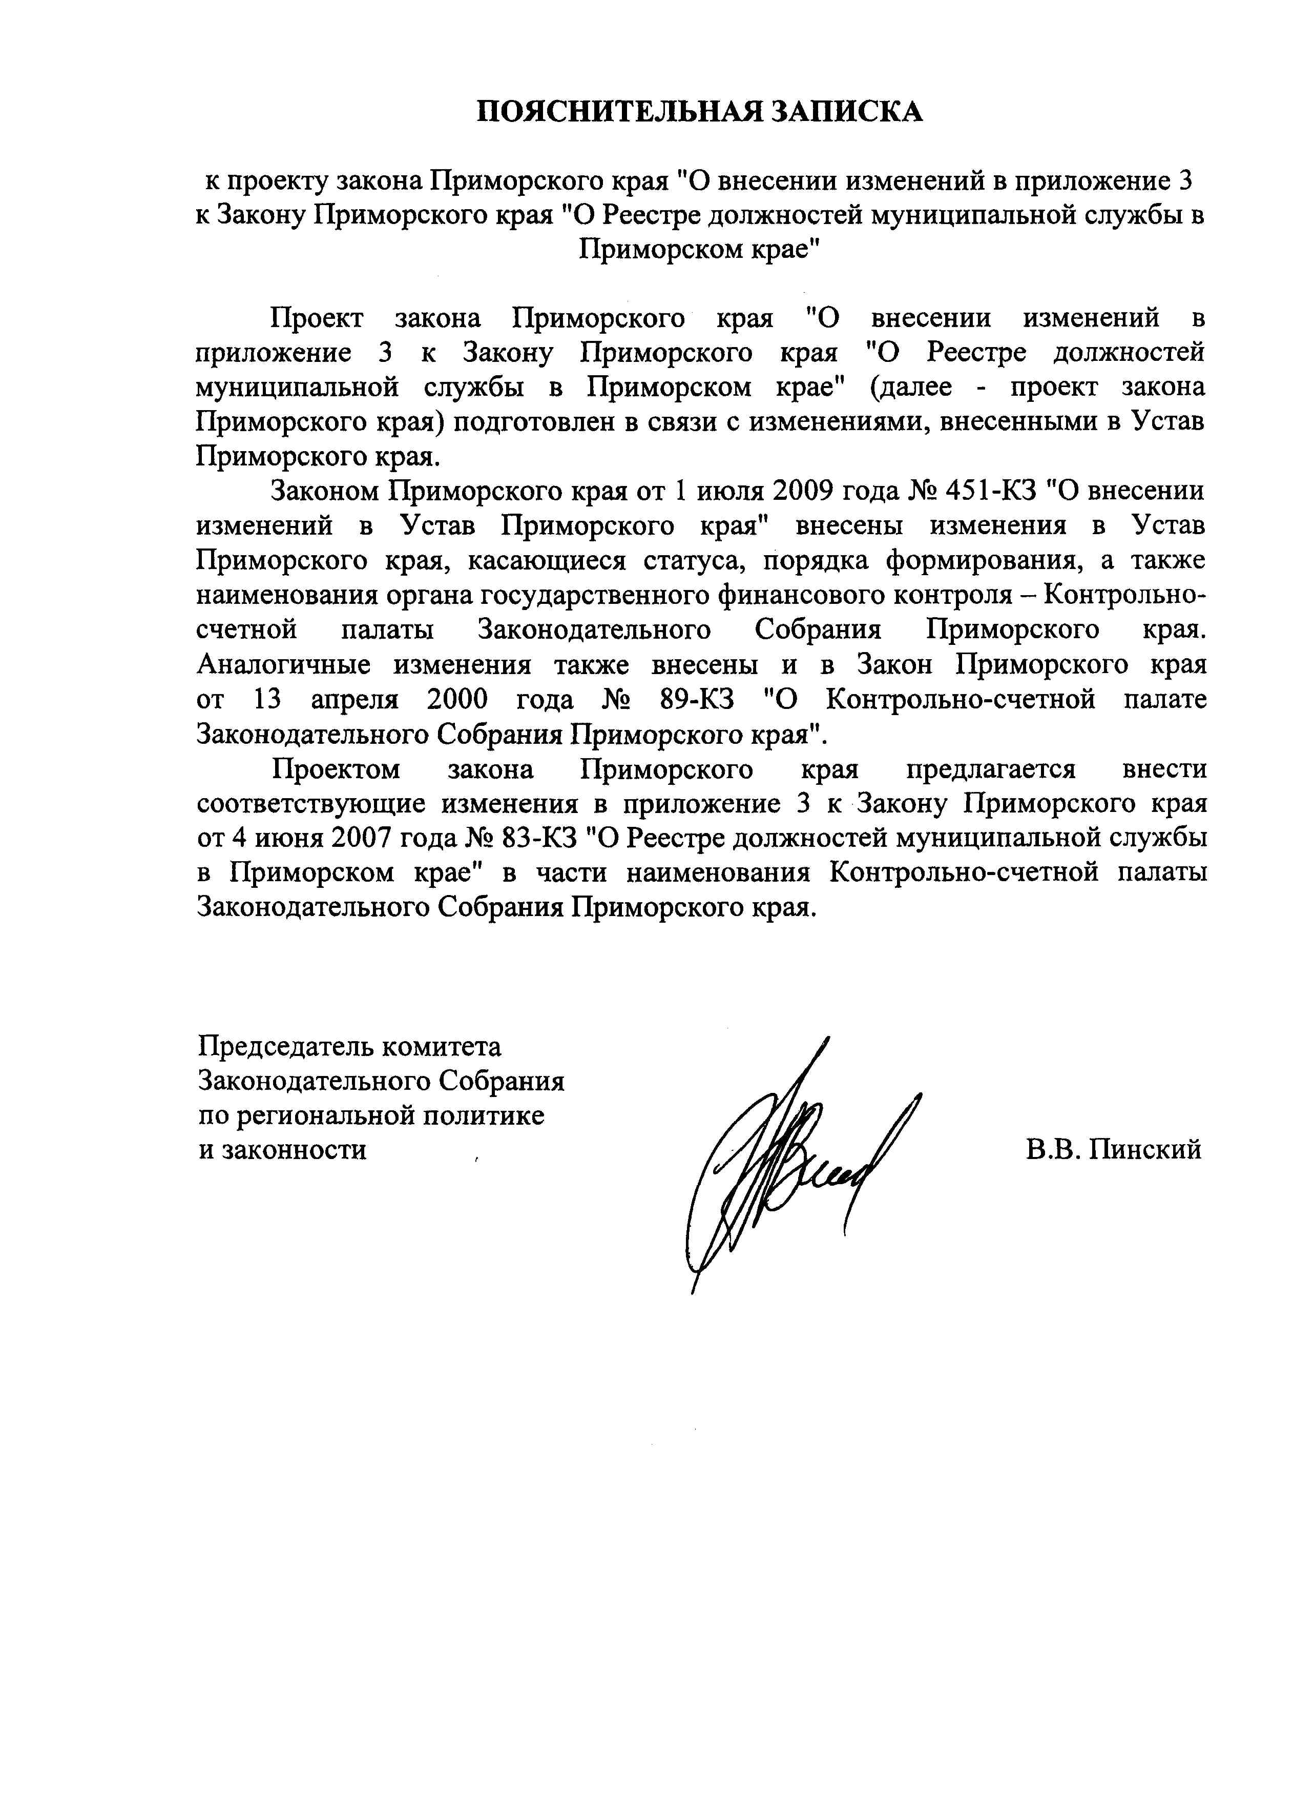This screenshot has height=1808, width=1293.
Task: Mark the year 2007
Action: [362, 838]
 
